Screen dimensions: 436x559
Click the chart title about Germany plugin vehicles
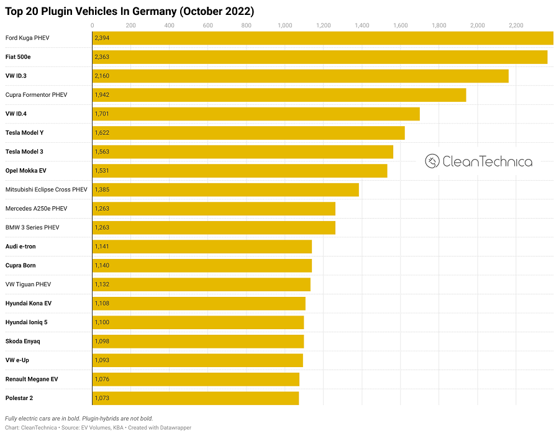(130, 11)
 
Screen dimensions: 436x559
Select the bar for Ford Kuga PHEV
(323, 38)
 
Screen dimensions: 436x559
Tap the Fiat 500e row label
(19, 57)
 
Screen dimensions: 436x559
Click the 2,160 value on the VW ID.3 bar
(101, 76)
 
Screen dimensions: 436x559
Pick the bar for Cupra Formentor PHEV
(279, 95)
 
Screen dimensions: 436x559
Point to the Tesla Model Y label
(24, 133)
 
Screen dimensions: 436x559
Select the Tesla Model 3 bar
(243, 152)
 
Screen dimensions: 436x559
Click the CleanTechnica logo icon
(432, 161)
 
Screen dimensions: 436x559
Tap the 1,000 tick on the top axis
(284, 25)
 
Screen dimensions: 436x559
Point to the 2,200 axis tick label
(516, 25)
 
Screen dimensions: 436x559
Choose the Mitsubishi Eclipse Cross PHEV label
(47, 189)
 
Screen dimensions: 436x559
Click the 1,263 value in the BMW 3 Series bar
(101, 227)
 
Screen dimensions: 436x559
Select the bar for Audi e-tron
(202, 247)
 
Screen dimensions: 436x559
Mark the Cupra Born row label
(20, 265)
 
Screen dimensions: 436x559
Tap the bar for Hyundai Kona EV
(199, 303)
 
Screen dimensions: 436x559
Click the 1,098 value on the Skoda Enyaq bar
(101, 341)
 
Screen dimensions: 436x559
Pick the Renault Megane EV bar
(196, 379)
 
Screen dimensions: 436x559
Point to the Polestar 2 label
(19, 397)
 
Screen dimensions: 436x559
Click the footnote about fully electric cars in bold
(79, 418)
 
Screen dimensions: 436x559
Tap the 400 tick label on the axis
(169, 25)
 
